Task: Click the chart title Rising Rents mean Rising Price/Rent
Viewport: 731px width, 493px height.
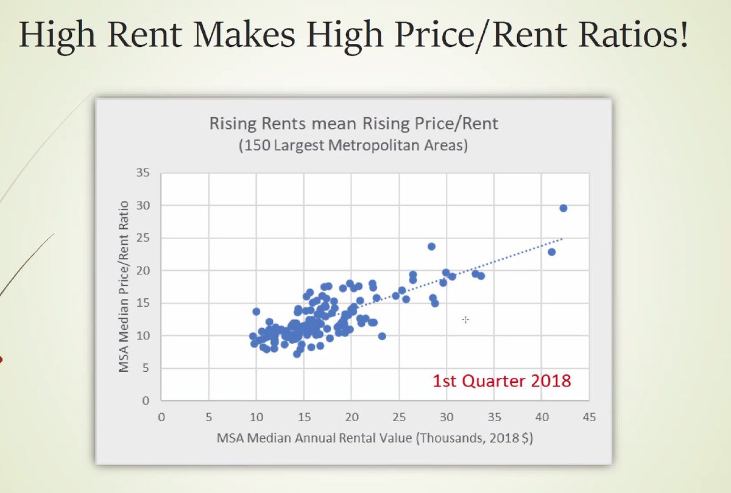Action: click(353, 124)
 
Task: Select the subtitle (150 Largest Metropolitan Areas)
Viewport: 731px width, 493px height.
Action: click(353, 147)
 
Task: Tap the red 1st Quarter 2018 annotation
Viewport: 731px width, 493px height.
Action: click(502, 382)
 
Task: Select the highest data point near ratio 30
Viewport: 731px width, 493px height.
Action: click(563, 208)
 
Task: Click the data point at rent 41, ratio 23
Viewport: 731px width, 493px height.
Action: click(552, 251)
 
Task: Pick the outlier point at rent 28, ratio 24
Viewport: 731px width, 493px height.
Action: click(431, 246)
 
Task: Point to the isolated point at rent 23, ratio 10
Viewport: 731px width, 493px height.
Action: click(382, 336)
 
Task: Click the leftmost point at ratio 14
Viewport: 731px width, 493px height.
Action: click(256, 312)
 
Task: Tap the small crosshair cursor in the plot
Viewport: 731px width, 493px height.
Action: click(465, 319)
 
